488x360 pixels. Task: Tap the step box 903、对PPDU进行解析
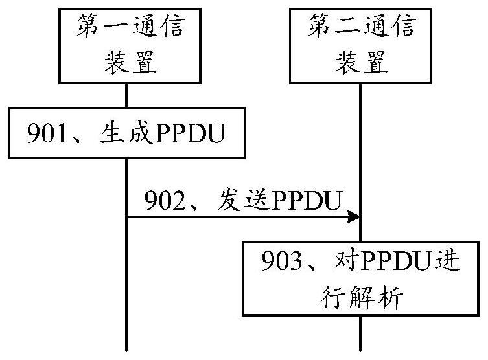361,278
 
